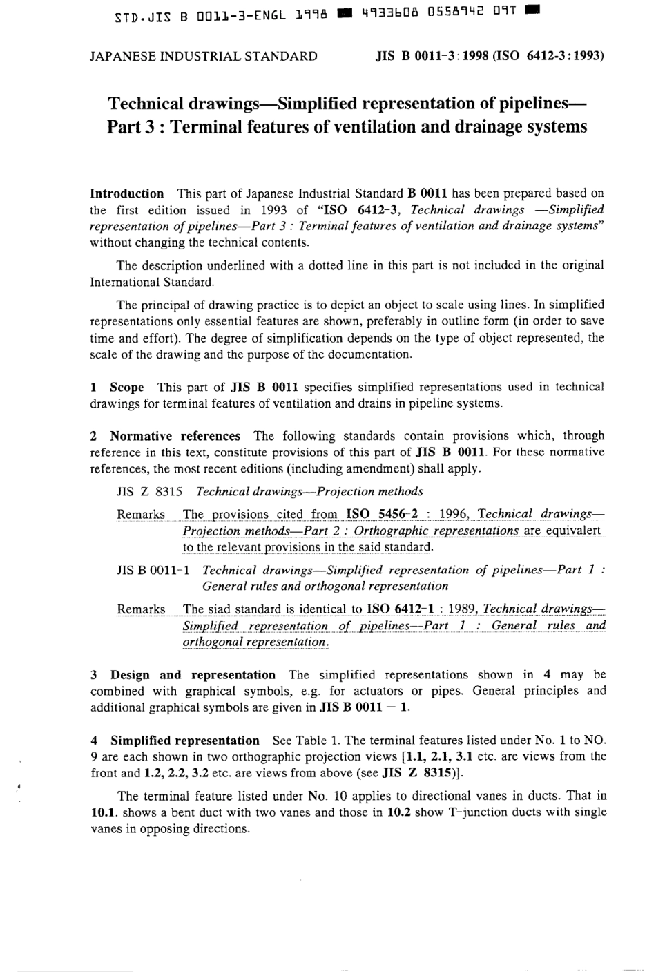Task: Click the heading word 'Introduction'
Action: coord(127,193)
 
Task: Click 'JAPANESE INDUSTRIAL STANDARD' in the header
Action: coord(204,57)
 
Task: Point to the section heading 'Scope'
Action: coord(127,388)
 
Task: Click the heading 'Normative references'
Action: coord(175,436)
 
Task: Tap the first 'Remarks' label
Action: coord(141,515)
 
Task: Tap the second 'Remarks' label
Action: coord(141,609)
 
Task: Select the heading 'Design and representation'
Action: coord(193,675)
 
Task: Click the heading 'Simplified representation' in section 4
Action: coord(185,741)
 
